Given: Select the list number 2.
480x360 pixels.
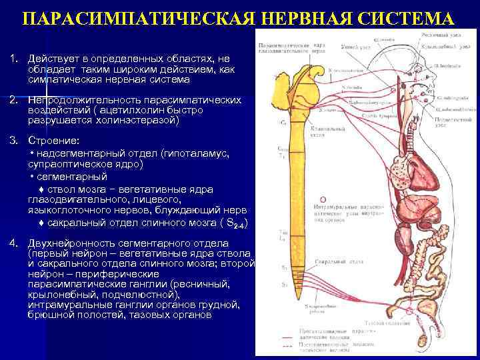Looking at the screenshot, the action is pos(13,100).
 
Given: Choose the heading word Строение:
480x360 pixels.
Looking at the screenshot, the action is pos(53,141).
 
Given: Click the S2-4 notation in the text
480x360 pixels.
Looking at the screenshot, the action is pos(239,225).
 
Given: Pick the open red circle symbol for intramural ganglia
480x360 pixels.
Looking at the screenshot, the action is pos(324,199).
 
